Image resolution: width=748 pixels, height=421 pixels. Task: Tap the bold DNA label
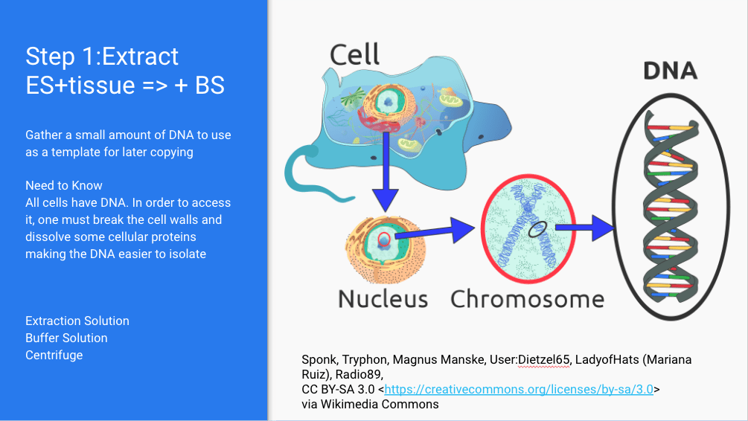671,71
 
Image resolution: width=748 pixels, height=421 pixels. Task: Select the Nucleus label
383,300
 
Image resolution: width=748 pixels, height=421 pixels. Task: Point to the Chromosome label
527,300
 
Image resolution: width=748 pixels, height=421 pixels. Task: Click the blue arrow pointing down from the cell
385,172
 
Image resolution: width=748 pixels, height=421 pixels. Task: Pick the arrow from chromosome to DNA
584,228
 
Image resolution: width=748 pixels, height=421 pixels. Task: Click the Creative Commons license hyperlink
519,390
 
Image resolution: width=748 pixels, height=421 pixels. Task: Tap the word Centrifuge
54,356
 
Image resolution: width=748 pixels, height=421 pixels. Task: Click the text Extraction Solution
77,321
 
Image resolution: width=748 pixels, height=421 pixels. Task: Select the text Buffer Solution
66,338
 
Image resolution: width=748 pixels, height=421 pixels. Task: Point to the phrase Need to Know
64,185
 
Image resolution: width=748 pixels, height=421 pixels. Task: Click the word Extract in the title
140,57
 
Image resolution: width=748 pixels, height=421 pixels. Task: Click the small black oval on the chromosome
537,229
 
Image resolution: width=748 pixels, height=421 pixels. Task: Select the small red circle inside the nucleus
384,239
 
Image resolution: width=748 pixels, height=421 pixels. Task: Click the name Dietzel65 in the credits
544,359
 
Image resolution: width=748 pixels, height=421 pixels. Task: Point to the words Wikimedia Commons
380,405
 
